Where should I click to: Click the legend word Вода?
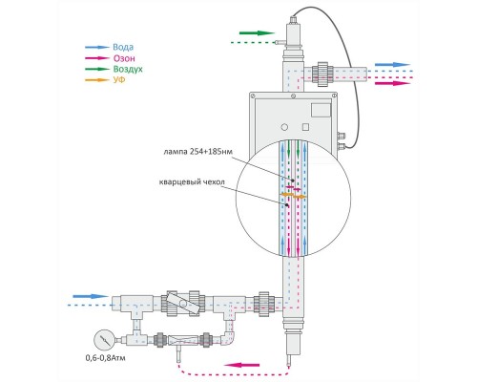pos(123,48)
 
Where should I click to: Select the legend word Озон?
pos(124,58)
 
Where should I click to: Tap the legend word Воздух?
pos(128,69)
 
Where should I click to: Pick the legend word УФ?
pos(119,79)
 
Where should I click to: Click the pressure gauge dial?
pos(104,340)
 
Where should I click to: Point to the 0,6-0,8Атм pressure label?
pos(106,358)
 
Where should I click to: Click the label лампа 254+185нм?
pos(197,152)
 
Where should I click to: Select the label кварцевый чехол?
pos(192,182)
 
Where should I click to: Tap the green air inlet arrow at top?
pos(257,32)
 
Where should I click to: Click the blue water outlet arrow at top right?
pos(392,65)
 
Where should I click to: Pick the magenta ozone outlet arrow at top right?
pos(392,83)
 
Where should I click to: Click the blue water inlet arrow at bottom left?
pos(91,296)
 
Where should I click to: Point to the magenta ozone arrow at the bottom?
pos(241,365)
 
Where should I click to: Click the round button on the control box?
pos(284,127)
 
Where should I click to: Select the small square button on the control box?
pos(305,127)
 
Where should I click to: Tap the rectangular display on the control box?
pos(321,110)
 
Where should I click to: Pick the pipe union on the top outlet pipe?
pos(322,73)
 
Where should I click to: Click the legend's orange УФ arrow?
pos(97,80)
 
